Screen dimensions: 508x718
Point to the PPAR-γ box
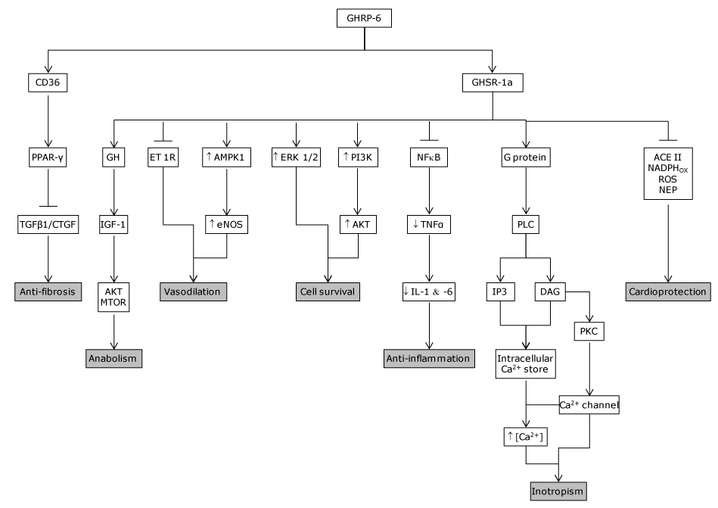click(48, 160)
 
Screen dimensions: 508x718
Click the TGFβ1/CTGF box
click(48, 225)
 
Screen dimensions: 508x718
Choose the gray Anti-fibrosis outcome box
click(48, 291)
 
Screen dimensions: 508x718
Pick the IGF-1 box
click(113, 225)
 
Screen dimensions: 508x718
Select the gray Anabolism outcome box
click(113, 357)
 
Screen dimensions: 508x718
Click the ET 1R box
click(162, 160)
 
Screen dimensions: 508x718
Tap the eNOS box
click(227, 225)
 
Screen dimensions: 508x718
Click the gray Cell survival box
click(326, 291)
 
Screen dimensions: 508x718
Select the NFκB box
click(429, 160)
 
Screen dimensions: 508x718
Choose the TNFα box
click(429, 225)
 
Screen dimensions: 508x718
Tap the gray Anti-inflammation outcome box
click(429, 357)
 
